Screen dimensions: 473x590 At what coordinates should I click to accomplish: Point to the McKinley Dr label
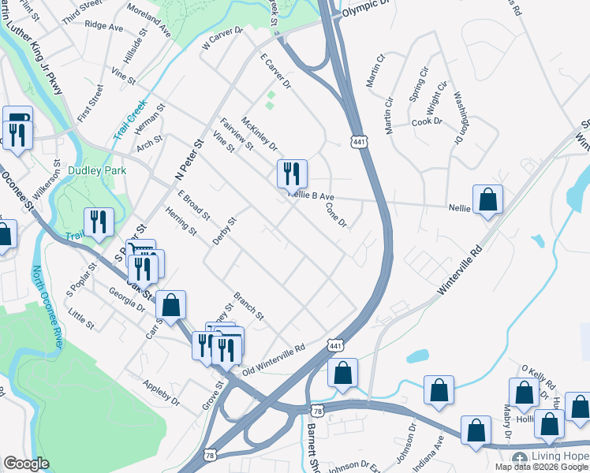[x=260, y=133]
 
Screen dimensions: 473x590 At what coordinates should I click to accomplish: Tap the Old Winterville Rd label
[x=273, y=359]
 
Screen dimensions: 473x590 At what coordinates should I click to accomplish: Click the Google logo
[x=26, y=464]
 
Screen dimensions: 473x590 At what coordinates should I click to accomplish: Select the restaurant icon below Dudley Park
[x=99, y=222]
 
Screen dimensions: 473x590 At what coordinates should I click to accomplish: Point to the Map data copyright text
[x=540, y=467]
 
